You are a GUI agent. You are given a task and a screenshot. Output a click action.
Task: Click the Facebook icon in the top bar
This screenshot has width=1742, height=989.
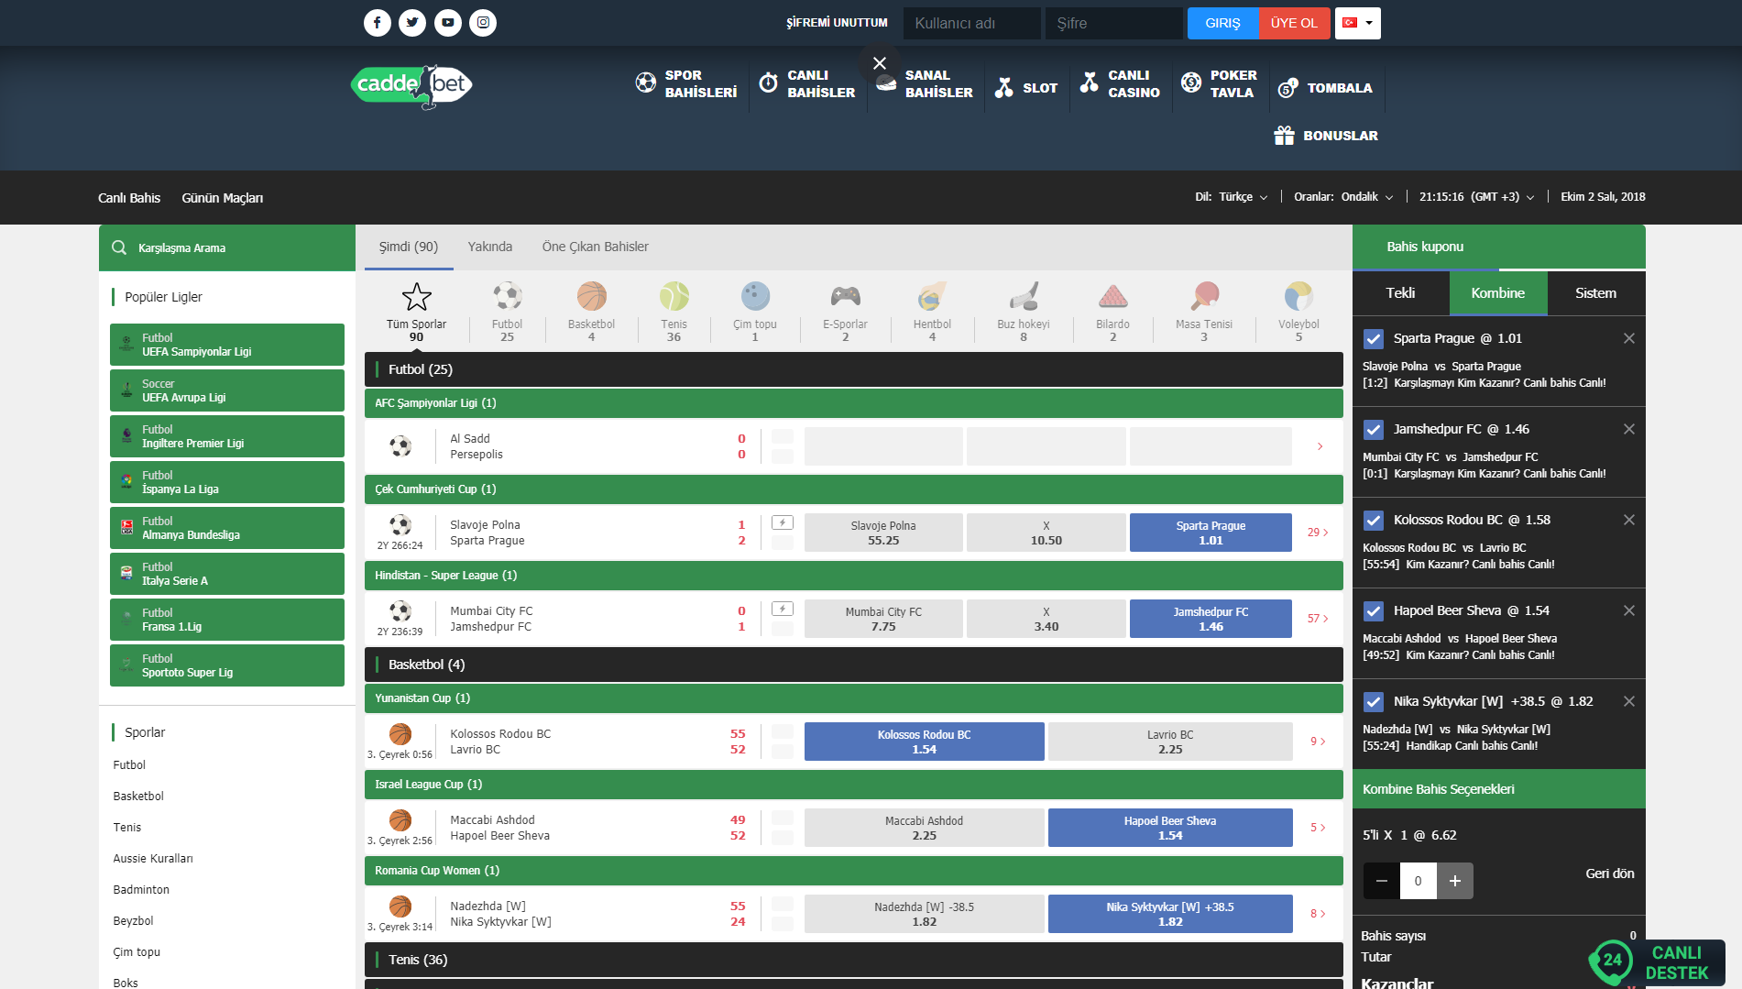(377, 23)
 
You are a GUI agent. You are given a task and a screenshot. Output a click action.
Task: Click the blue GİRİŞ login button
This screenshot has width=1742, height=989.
(1222, 23)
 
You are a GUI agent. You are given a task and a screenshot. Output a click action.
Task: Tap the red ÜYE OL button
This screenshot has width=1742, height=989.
(1293, 23)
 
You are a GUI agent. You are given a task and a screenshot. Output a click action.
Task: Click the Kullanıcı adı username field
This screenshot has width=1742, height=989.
(971, 23)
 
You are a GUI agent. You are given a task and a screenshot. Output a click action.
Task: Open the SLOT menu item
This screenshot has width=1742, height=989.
(1027, 88)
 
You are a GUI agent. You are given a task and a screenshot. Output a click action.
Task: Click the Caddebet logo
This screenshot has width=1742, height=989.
(411, 85)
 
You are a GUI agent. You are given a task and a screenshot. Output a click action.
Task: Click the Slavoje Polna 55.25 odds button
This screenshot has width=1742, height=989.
(883, 533)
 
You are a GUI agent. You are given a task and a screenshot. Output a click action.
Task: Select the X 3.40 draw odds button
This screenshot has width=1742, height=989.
(1046, 619)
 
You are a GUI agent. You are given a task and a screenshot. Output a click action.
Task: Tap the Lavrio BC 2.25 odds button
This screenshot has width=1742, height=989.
(1169, 742)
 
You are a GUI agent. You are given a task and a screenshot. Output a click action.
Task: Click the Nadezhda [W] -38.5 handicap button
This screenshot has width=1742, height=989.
(924, 914)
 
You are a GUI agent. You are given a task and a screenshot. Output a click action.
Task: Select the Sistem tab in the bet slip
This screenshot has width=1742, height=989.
(1595, 293)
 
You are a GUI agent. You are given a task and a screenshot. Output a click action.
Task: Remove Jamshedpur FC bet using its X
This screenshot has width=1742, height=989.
(1628, 429)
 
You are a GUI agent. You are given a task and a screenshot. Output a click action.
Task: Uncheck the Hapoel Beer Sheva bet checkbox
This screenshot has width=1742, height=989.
(1373, 611)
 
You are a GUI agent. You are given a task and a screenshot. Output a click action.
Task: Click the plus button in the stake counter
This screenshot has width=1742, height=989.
(1454, 881)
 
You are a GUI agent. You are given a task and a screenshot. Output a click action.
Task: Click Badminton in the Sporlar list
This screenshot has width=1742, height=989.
(141, 890)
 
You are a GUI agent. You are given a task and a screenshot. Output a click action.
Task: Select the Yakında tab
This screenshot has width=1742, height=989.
(489, 247)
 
